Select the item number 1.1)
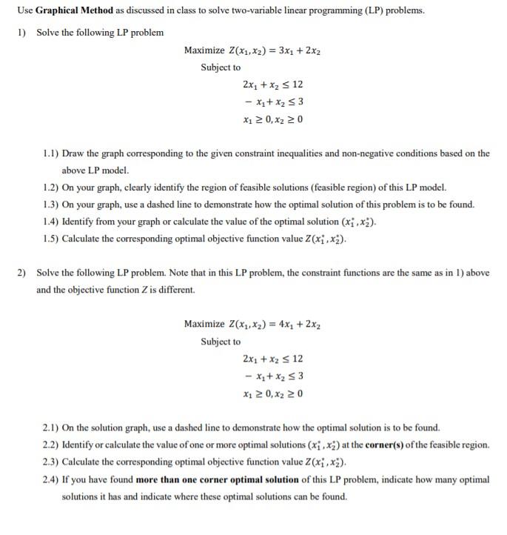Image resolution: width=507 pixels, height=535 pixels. (51, 153)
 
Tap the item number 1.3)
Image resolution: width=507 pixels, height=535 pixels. (51, 205)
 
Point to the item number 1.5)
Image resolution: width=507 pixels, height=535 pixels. (51, 239)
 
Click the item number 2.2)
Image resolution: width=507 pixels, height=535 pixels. (51, 445)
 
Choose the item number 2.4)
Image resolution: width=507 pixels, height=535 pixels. (51, 479)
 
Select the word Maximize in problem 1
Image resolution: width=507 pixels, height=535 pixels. (204, 50)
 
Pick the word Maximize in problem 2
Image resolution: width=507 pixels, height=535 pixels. (204, 324)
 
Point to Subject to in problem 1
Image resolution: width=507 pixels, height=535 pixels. (221, 67)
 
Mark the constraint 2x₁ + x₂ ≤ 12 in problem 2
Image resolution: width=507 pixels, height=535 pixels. (272, 359)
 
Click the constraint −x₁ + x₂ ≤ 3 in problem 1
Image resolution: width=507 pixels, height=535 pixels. (272, 102)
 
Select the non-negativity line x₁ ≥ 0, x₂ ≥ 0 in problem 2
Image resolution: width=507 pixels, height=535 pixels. (272, 393)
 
